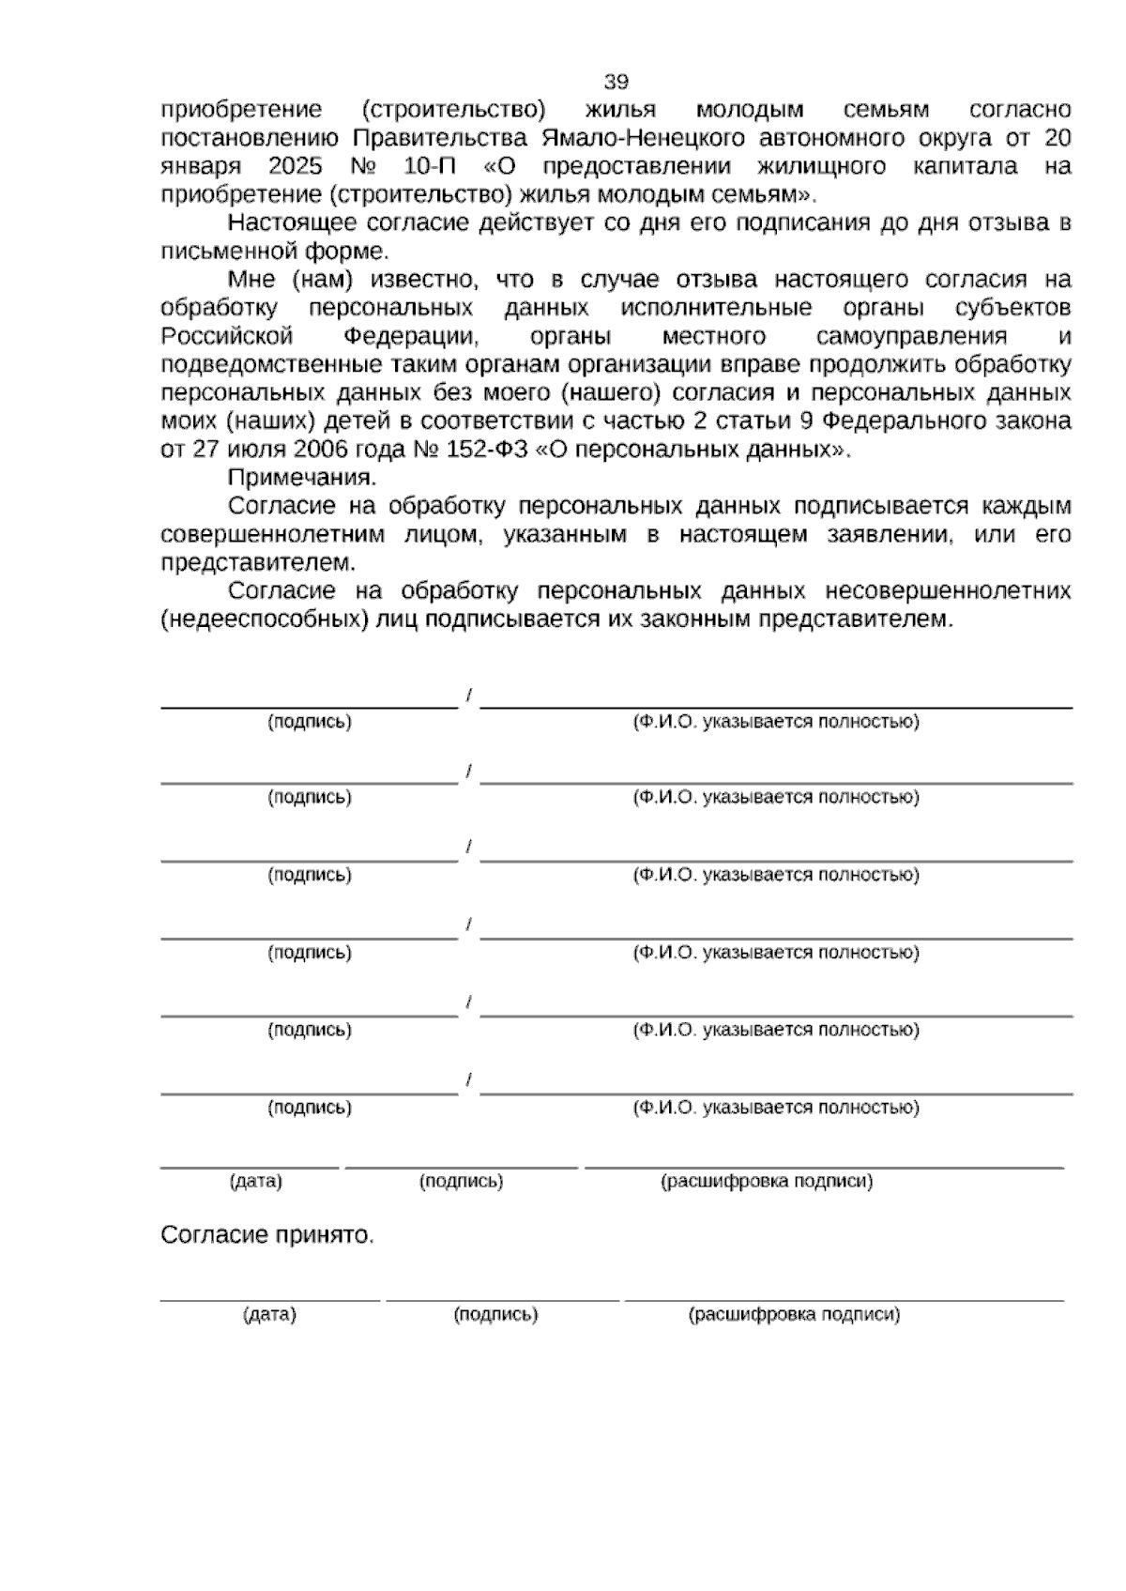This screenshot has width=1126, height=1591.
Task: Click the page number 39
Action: point(616,81)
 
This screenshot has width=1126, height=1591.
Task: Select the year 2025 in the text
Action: point(296,167)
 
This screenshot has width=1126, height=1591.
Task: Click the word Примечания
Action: point(302,478)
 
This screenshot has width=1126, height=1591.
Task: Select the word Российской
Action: point(227,336)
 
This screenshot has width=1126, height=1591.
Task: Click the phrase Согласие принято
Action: point(267,1234)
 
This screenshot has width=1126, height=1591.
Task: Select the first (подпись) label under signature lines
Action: point(310,722)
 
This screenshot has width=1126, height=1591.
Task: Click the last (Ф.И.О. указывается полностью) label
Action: point(776,1108)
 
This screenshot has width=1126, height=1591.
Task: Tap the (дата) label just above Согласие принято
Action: point(256,1181)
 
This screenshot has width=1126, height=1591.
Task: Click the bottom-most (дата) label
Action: point(269,1314)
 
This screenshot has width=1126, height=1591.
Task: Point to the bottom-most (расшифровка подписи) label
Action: point(794,1314)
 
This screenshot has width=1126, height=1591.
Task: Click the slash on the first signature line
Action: point(468,696)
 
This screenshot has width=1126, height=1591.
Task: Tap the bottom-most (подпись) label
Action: point(495,1314)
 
